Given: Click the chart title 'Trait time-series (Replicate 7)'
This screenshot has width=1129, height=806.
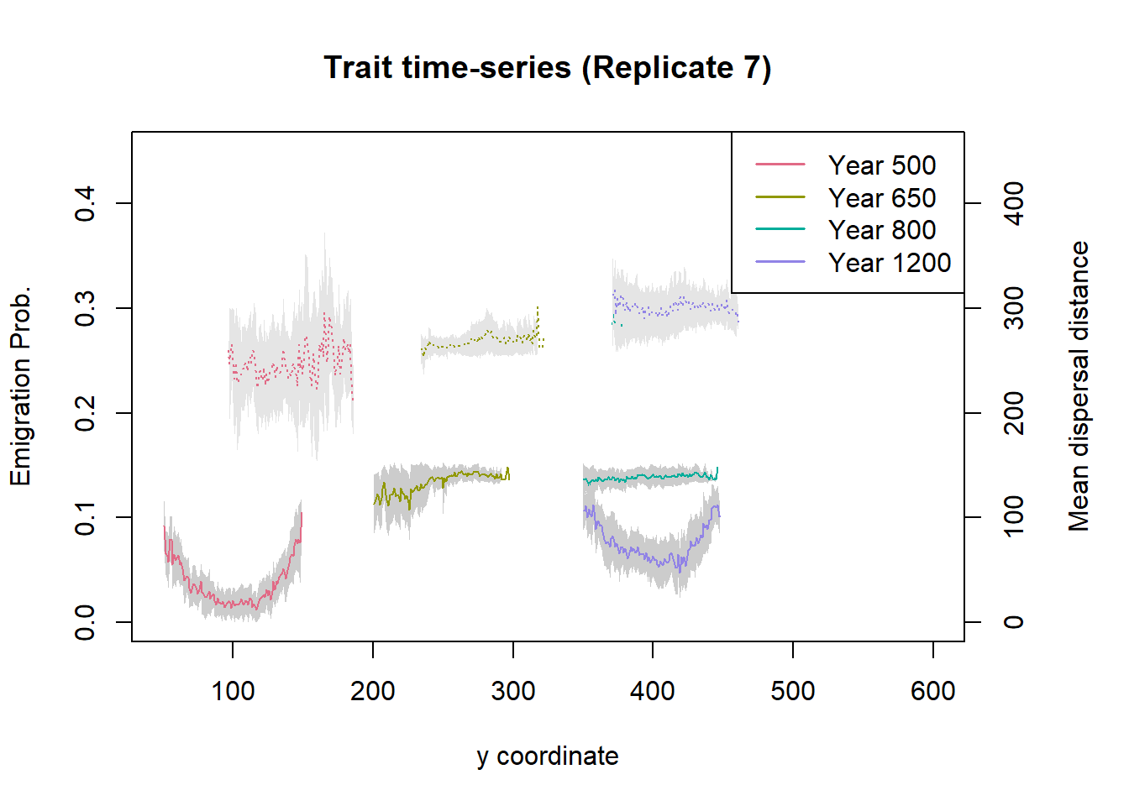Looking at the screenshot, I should click(x=547, y=68).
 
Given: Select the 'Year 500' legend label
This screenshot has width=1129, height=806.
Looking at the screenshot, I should click(x=881, y=165).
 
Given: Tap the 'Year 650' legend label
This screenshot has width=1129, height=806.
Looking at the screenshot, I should click(x=881, y=198).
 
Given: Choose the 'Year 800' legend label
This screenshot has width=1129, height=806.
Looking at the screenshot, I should click(x=881, y=230).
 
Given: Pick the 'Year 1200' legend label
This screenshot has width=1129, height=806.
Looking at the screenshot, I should click(x=889, y=263).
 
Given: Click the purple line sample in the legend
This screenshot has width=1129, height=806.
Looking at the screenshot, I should click(x=780, y=262).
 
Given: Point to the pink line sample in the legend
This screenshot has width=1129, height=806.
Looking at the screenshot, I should click(x=780, y=165).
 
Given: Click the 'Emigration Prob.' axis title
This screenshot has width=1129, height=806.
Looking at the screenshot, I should click(x=20, y=386).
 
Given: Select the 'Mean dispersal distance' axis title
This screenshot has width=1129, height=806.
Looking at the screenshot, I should click(x=1079, y=386).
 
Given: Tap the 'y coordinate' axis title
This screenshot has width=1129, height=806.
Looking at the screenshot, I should click(x=547, y=756).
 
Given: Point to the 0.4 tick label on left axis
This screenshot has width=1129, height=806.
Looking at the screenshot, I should click(x=85, y=203).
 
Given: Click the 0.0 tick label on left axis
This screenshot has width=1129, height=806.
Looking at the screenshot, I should click(x=85, y=622).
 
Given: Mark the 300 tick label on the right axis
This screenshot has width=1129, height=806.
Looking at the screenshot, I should click(x=1015, y=308).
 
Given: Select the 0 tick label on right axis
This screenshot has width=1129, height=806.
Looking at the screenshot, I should click(x=1015, y=622).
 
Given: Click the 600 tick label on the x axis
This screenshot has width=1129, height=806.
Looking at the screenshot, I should click(x=932, y=691).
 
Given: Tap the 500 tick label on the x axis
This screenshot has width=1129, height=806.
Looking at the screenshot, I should click(x=792, y=691).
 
